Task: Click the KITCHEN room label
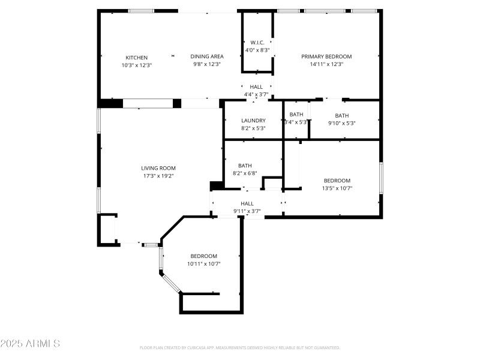[136, 58]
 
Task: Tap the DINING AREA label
[207, 57]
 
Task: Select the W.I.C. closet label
[257, 43]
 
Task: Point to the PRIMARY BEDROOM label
[326, 57]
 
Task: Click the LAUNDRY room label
[253, 121]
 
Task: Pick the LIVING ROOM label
[158, 169]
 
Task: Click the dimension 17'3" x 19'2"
[158, 176]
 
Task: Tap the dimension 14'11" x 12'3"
[326, 64]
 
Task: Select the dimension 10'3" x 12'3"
[136, 65]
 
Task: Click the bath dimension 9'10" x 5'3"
[342, 123]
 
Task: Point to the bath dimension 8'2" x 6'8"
[245, 173]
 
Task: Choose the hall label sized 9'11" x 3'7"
[247, 204]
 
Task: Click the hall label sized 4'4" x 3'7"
[256, 87]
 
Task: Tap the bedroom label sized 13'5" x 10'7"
[337, 181]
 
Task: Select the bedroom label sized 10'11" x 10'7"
[204, 256]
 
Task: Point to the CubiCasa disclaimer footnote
[240, 348]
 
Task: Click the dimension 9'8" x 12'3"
[207, 65]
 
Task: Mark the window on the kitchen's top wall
[140, 11]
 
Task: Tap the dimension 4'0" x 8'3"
[257, 50]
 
